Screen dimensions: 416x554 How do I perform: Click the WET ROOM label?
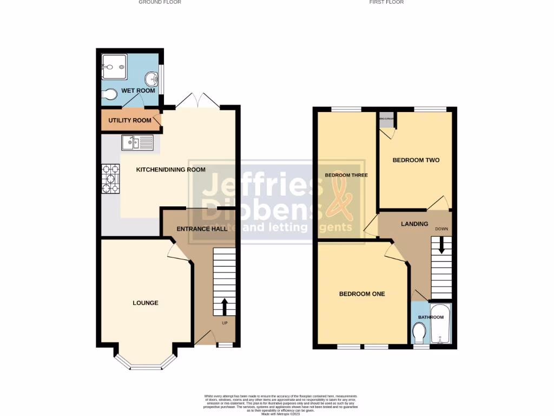click(138, 90)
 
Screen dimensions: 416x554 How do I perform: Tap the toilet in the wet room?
click(109, 95)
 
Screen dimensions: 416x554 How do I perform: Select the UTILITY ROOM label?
click(129, 120)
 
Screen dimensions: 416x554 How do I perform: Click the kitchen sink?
click(138, 142)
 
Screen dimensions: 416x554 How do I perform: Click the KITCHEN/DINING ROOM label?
click(170, 170)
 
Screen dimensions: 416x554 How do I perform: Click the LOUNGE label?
click(146, 303)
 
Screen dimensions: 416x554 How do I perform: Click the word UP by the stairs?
click(225, 323)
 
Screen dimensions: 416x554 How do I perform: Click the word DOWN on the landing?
click(441, 229)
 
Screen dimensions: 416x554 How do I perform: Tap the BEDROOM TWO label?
click(415, 160)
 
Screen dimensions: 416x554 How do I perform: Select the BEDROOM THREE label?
click(346, 175)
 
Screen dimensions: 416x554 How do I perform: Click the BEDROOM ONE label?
click(362, 294)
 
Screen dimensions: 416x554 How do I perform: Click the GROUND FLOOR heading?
click(160, 2)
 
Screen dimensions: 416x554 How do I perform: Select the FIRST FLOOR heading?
click(386, 2)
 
